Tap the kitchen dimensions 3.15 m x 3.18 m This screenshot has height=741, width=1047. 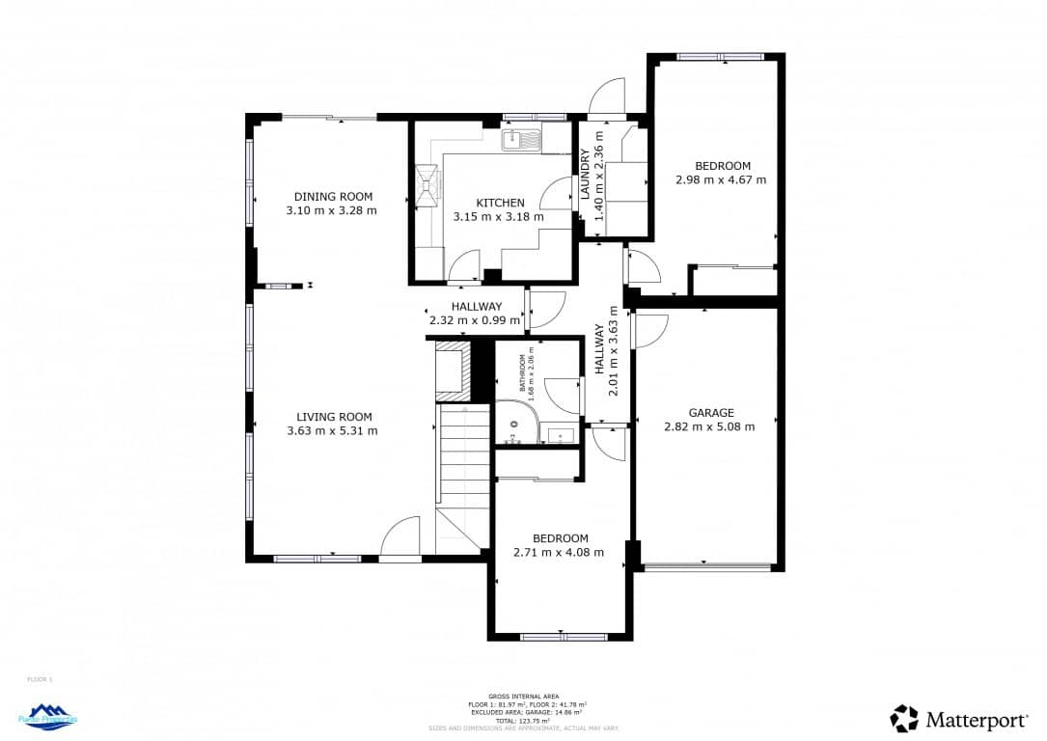(x=499, y=217)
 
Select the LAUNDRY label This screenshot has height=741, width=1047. (x=585, y=176)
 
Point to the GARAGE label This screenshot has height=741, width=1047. (x=711, y=413)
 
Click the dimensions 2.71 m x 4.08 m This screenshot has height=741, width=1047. (x=559, y=553)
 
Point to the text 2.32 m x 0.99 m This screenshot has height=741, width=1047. (x=472, y=320)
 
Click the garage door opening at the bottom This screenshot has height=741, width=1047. (x=707, y=567)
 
